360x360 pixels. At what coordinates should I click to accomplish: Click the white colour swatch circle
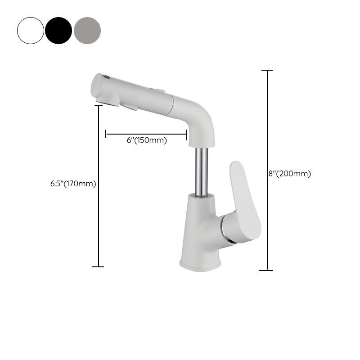31,31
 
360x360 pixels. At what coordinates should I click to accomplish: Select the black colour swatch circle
58,31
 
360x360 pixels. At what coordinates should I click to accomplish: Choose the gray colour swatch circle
87,31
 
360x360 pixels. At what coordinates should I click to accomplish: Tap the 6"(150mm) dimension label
147,140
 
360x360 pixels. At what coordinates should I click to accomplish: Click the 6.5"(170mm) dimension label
73,184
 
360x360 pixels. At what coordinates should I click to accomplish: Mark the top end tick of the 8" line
267,71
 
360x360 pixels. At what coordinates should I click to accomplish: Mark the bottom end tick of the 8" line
266,270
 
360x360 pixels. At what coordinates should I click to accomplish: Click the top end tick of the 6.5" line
99,106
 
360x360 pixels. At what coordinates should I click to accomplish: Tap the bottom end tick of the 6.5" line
98,267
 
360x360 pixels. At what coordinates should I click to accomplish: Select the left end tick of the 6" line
106,134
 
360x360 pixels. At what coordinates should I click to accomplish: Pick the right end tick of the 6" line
187,134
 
